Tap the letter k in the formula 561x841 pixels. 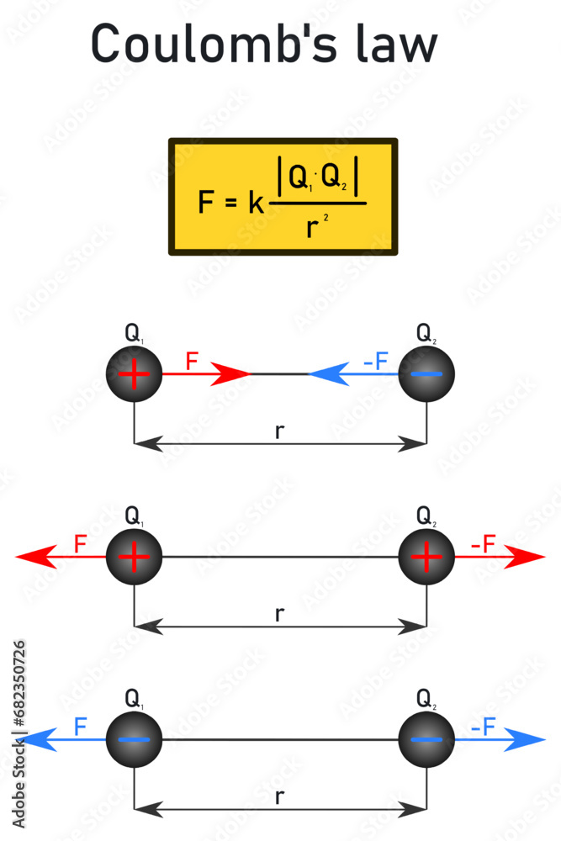(x=256, y=203)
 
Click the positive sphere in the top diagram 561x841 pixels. (x=134, y=374)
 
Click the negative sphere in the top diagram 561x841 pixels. (x=426, y=374)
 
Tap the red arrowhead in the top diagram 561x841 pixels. (x=231, y=374)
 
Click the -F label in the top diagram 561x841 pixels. (x=375, y=362)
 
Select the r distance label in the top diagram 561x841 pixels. (x=280, y=431)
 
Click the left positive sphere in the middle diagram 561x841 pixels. (x=134, y=557)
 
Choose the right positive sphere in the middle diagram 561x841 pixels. (x=426, y=557)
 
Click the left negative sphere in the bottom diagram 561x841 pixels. (x=134, y=739)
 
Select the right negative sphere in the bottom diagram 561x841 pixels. (x=426, y=739)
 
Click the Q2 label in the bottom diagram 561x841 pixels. (x=426, y=698)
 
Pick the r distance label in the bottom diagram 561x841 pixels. (x=280, y=796)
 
